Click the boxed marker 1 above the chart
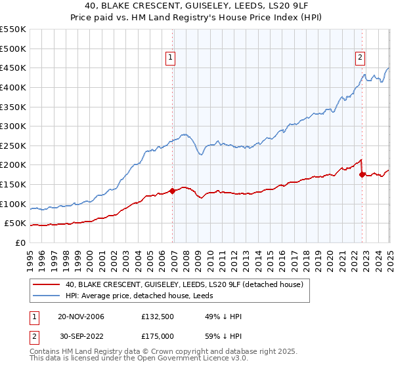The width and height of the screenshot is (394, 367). point(170,58)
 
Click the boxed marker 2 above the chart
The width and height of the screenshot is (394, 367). point(361,58)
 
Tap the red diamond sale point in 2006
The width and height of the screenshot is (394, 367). point(173,191)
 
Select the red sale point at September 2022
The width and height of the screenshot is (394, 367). point(362,174)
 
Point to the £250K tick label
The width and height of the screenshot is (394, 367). point(13,145)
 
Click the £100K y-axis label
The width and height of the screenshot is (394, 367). point(13,204)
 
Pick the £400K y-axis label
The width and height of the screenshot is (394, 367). point(13,87)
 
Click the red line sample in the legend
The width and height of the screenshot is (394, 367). point(46,284)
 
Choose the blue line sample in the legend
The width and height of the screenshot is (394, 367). point(46,295)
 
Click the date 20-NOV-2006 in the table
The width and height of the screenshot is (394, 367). point(81,316)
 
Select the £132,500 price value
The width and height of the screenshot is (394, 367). point(157,316)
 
